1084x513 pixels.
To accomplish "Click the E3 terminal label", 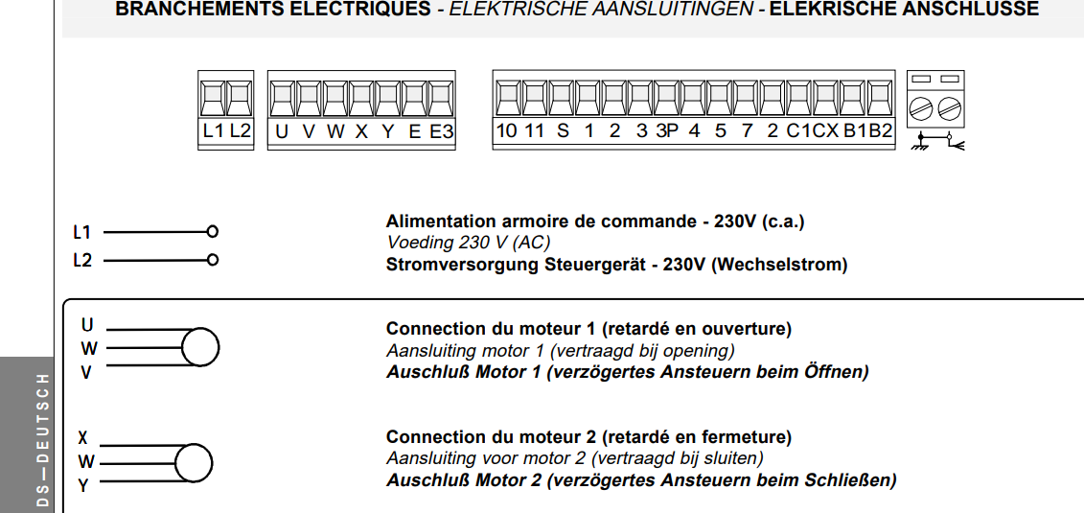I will pos(441,131).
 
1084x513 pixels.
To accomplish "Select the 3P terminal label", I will pos(667,131).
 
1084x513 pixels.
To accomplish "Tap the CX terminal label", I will pos(825,131).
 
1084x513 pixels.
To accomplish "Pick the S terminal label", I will pos(563,131).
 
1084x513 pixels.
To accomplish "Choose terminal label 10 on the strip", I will pos(507,131).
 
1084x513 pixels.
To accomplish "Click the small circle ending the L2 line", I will pos(213,260).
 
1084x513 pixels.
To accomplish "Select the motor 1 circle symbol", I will pos(200,347).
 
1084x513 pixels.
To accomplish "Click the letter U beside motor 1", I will pos(87,326).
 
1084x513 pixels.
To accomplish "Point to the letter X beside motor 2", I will pos(83,438).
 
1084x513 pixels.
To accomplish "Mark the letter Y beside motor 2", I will pos(83,486).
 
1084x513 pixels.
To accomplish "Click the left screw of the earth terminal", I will pos(924,106).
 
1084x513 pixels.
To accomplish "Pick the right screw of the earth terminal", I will pos(949,106).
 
